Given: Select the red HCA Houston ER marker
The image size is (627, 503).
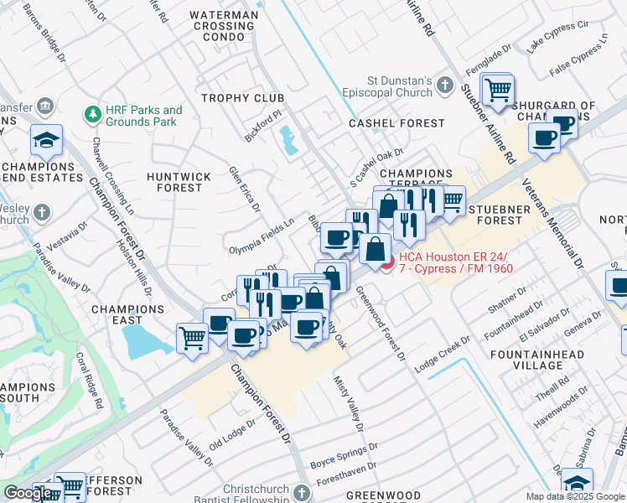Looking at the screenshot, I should click(386, 262).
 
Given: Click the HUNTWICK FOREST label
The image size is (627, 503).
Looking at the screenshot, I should click(174, 182).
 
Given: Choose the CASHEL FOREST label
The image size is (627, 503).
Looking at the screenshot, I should click(396, 123).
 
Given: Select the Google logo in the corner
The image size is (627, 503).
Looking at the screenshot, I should click(28, 493).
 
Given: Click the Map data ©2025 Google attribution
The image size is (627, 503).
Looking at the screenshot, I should click(575, 496).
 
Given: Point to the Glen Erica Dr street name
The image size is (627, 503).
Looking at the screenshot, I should click(244, 189).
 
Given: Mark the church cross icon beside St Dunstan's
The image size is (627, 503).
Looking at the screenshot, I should click(444, 86).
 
